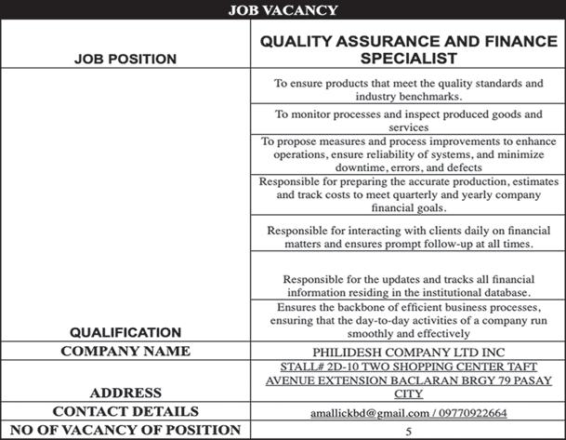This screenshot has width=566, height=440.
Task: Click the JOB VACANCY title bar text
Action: click(283, 11)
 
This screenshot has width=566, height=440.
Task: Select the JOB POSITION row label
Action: click(125, 59)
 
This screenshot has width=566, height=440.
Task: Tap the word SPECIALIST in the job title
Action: click(408, 58)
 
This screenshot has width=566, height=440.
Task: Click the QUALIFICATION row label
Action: click(125, 331)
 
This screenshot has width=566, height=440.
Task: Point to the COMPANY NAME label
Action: click(125, 352)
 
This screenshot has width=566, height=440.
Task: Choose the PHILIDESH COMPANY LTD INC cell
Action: click(408, 353)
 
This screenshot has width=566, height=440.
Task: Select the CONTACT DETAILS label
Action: click(125, 411)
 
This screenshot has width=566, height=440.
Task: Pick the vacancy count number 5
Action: click(408, 431)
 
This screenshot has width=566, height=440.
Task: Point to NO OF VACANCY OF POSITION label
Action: click(125, 430)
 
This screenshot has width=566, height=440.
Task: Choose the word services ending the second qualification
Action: click(408, 127)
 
